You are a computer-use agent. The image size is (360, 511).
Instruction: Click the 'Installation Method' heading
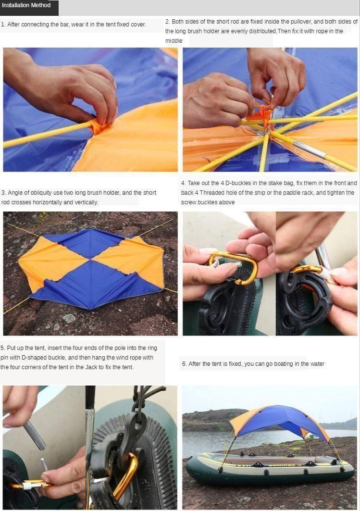pos(26,5)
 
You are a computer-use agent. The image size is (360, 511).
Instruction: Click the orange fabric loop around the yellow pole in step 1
pos(98,126)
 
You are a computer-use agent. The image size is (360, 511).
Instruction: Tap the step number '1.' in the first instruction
pos(3,25)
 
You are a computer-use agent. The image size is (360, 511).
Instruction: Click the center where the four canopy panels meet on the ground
pos(90,260)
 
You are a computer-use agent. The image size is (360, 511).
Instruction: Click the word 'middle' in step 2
pos(174,41)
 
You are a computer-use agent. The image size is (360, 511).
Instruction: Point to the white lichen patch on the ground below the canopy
pos(69,318)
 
